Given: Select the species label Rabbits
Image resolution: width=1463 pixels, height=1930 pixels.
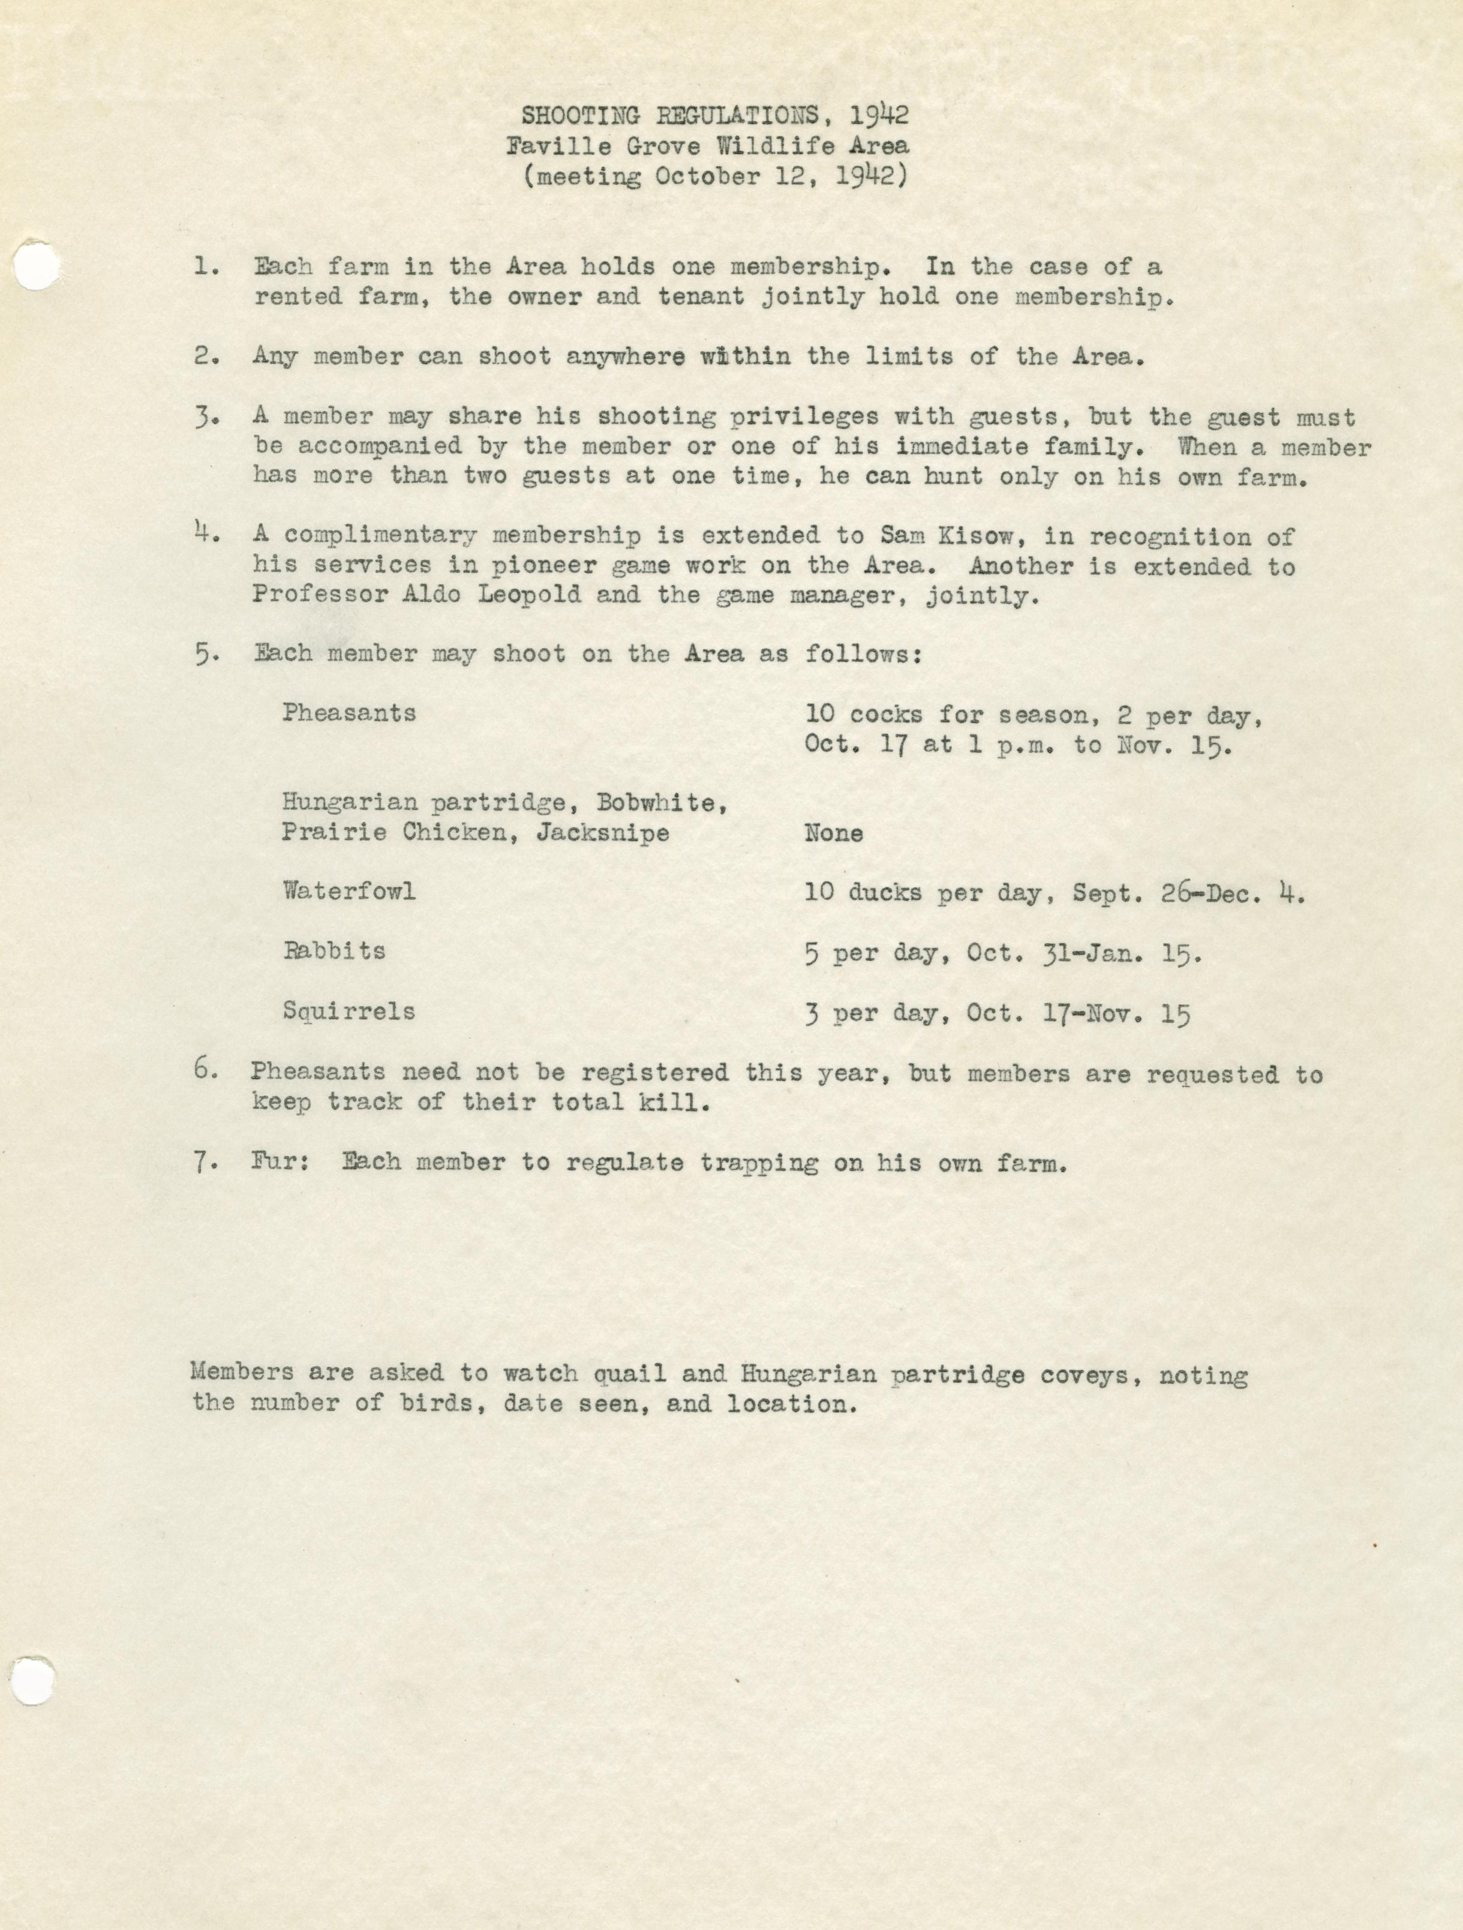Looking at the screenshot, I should tap(334, 950).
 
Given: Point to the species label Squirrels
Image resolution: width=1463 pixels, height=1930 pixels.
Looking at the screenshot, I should tap(348, 1011).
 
